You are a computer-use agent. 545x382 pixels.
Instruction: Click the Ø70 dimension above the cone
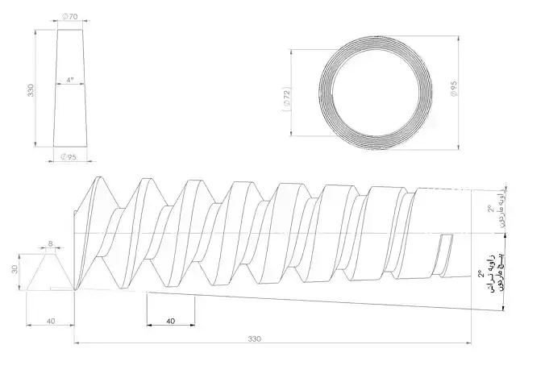click(70, 16)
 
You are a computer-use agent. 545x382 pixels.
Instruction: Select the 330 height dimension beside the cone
click(30, 90)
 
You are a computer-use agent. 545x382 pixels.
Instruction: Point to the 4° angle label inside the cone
click(71, 80)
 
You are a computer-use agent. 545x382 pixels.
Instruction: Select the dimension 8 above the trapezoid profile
click(50, 242)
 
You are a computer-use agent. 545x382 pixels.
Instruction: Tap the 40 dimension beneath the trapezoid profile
click(50, 321)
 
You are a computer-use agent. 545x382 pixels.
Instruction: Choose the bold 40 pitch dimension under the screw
click(170, 320)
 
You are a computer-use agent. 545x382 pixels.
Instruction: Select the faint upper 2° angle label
click(491, 209)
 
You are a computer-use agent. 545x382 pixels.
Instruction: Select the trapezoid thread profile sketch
click(50, 272)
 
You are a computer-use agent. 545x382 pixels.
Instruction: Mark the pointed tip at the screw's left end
click(75, 288)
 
